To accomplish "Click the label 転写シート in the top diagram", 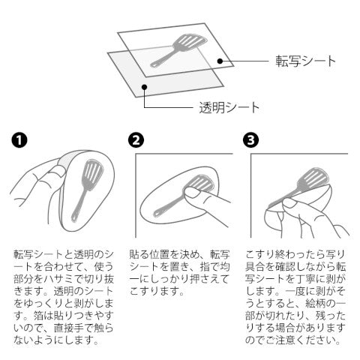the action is tap(305, 61).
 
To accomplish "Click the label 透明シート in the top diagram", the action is tap(229, 108).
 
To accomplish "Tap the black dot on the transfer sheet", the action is tap(220, 61).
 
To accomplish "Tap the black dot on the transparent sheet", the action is tap(144, 87).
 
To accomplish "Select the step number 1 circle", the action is tap(19, 140).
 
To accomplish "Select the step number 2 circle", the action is tap(136, 140).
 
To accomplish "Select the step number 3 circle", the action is tap(250, 140).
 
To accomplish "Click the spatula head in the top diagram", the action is tap(190, 42).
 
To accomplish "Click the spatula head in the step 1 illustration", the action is tap(93, 173).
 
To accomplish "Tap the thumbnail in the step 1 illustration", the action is tap(58, 172).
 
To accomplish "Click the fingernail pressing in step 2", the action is tap(192, 193).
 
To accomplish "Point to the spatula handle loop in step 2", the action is tap(157, 214).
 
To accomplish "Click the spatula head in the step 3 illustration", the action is tap(313, 178).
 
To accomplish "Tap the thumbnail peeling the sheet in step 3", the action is tap(290, 202).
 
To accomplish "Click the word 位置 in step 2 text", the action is tap(160, 254).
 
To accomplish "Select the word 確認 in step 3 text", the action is tap(285, 267).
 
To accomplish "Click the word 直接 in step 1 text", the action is tap(64, 328).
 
